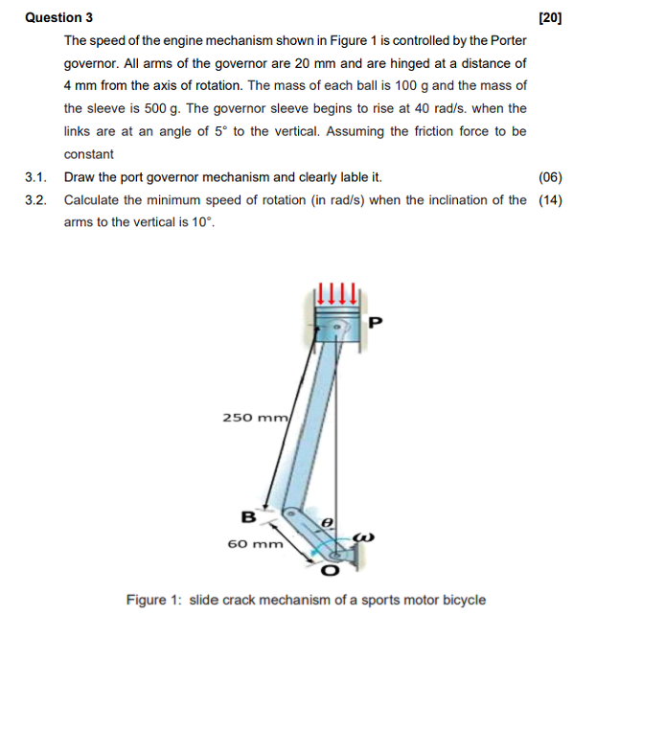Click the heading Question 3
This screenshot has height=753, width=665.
click(59, 17)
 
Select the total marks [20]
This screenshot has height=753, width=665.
click(550, 17)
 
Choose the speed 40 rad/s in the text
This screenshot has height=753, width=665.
click(419, 109)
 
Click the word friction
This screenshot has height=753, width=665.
click(424, 131)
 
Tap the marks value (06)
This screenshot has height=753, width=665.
click(550, 177)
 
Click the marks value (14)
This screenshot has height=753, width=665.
click(550, 200)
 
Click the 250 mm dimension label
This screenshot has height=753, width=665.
click(255, 418)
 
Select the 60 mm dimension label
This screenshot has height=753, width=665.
click(255, 544)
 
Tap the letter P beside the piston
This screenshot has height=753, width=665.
click(375, 322)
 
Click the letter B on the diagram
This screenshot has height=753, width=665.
click(247, 517)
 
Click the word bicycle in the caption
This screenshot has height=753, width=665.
click(462, 601)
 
